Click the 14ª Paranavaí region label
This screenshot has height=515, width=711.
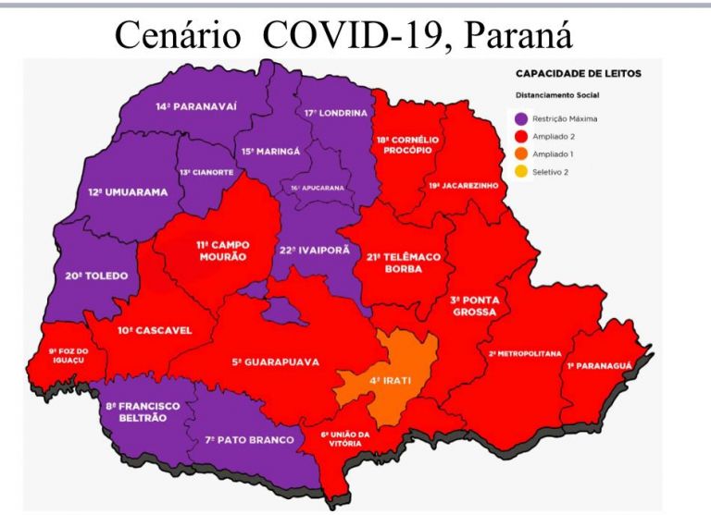pyautogui.click(x=196, y=106)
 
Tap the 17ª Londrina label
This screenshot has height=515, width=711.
pyautogui.click(x=335, y=113)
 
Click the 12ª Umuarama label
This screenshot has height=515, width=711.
pyautogui.click(x=129, y=192)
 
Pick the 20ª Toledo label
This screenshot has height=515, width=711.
pyautogui.click(x=95, y=276)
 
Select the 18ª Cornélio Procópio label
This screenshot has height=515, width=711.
pyautogui.click(x=401, y=144)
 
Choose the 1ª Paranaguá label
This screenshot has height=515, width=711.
pyautogui.click(x=598, y=365)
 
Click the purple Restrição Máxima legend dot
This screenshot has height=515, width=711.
pyautogui.click(x=520, y=118)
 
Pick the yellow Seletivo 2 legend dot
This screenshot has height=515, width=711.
pyautogui.click(x=520, y=171)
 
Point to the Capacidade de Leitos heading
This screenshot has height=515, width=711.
pyautogui.click(x=577, y=72)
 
